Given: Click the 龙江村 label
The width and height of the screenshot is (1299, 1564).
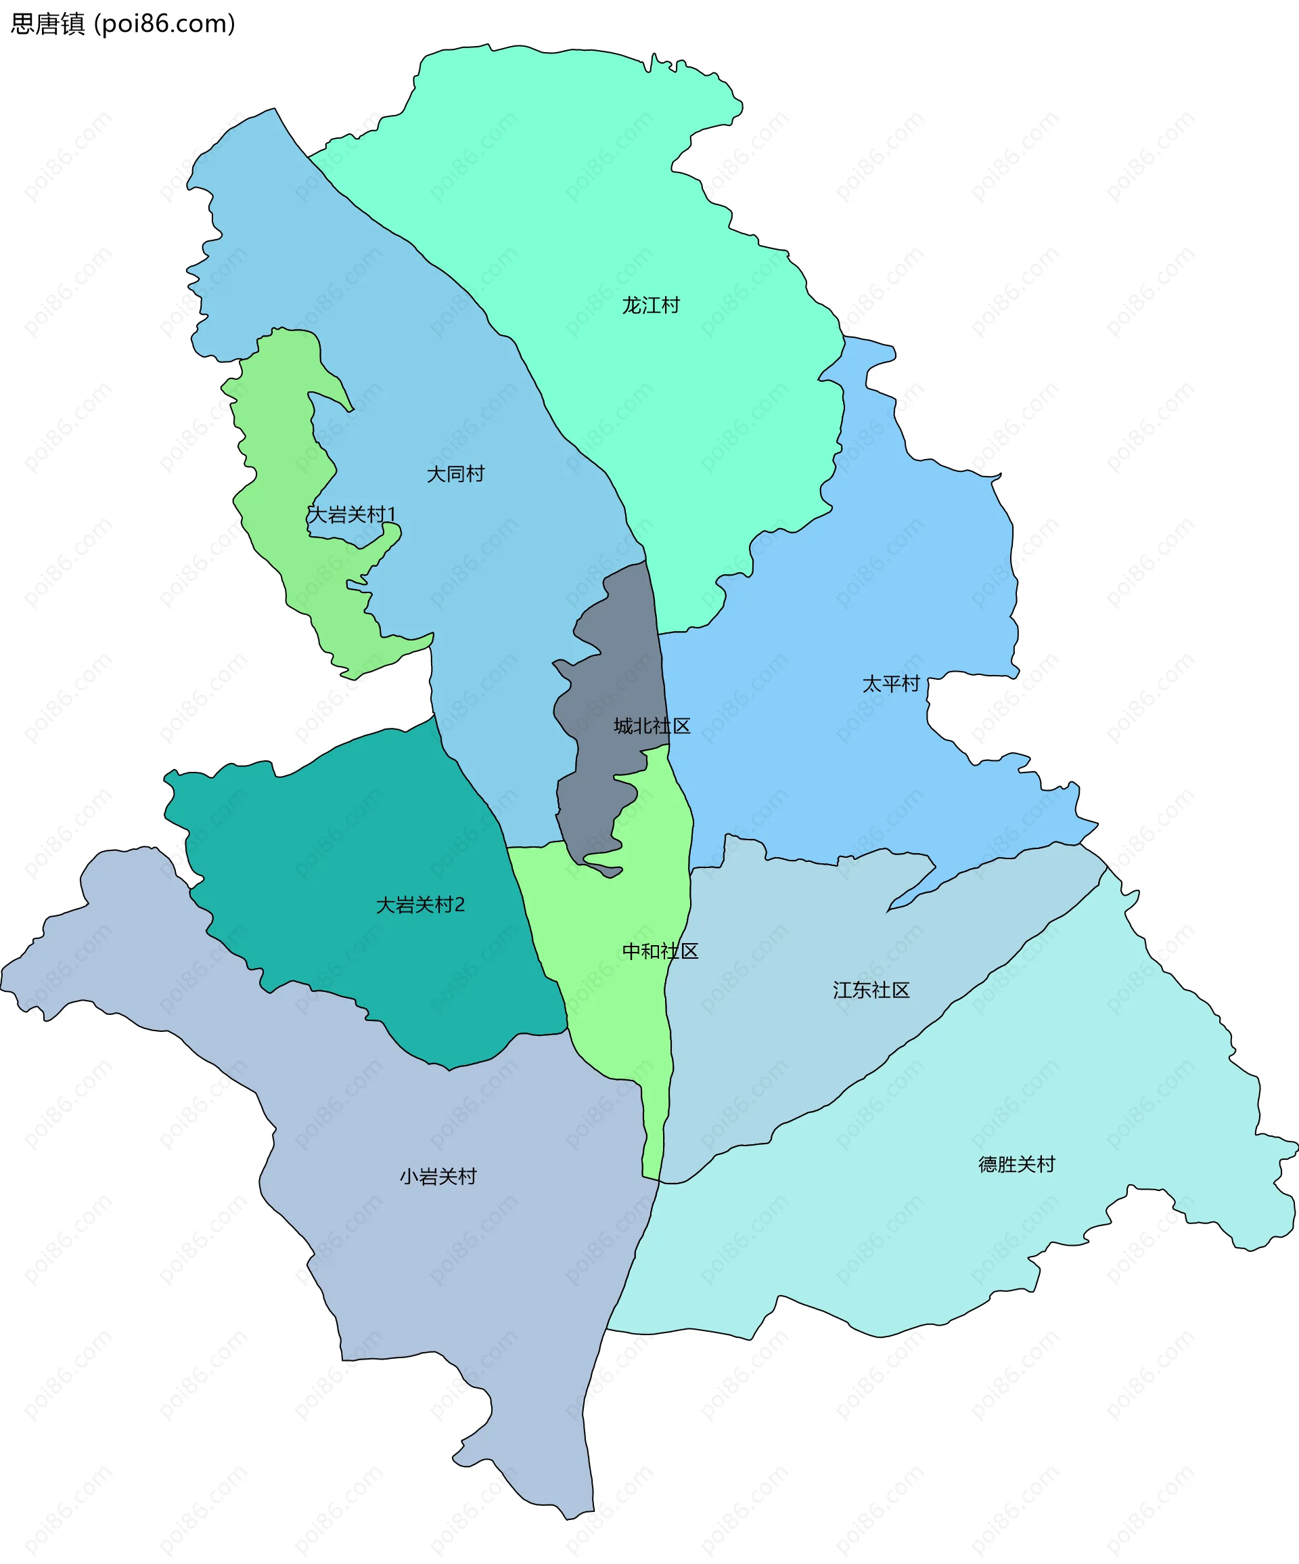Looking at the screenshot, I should [650, 305].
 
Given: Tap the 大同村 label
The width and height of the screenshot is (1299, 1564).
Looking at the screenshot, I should [455, 474].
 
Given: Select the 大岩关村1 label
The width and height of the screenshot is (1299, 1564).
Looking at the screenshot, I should [351, 515].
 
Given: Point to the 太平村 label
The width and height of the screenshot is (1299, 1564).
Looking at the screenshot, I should [890, 684].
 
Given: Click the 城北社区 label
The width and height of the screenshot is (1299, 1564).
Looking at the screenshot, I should [652, 726].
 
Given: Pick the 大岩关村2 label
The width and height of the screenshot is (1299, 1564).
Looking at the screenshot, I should [420, 905].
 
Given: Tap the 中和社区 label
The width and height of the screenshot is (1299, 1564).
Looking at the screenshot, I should [660, 951].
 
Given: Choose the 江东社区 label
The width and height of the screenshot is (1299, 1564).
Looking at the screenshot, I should [871, 990].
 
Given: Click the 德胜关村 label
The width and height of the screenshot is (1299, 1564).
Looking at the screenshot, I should [1016, 1164].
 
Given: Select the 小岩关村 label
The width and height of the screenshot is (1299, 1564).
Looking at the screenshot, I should [438, 1177].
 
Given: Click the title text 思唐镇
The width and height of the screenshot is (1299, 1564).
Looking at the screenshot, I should [47, 24].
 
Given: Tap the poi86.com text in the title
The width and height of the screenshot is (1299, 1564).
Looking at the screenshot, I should [165, 24].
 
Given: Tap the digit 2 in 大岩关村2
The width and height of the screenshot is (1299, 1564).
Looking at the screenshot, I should [459, 905].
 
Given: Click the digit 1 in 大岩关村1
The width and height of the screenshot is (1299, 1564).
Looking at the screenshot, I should [392, 515].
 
